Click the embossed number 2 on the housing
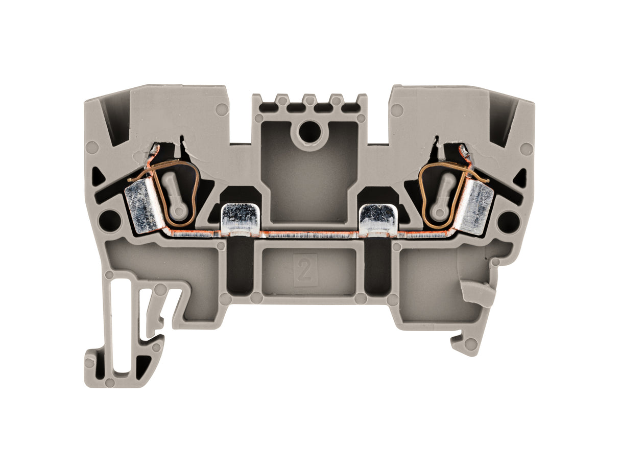coord(305,270)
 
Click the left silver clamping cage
coord(142,207)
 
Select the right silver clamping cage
coord(478,207)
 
